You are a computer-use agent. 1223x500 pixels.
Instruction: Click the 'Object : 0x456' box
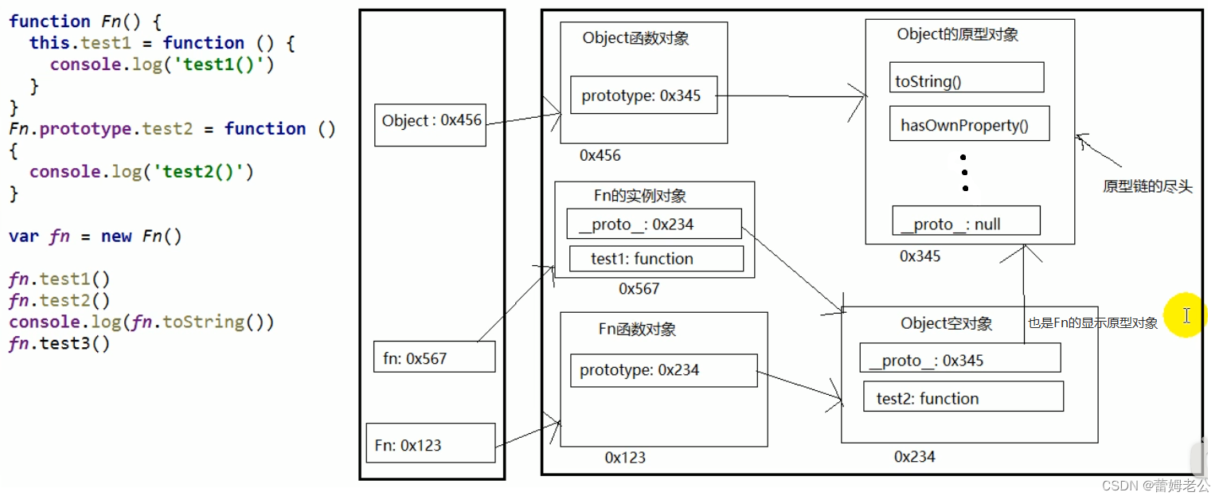pyautogui.click(x=430, y=121)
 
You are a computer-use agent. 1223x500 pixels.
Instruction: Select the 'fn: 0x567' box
pyautogui.click(x=434, y=357)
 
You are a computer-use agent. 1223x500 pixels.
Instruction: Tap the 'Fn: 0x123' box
pyautogui.click(x=430, y=444)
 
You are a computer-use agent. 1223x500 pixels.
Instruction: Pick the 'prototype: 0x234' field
pyautogui.click(x=663, y=370)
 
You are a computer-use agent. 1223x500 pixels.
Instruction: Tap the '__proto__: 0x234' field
pyautogui.click(x=653, y=225)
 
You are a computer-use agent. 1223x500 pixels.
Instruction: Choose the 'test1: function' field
pyautogui.click(x=656, y=259)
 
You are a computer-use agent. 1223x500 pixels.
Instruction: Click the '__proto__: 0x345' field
pyautogui.click(x=959, y=359)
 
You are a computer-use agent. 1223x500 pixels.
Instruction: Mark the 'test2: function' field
pyautogui.click(x=963, y=397)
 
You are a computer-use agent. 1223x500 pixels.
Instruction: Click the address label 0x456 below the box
pyautogui.click(x=600, y=155)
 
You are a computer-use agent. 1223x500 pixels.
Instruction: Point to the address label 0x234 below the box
pyautogui.click(x=914, y=456)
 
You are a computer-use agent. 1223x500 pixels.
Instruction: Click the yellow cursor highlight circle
pyautogui.click(x=1186, y=316)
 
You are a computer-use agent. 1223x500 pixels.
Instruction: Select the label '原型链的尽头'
pyautogui.click(x=1147, y=187)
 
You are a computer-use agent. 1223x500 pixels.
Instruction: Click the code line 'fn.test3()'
pyautogui.click(x=60, y=343)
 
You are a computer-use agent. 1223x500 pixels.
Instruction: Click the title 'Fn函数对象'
pyautogui.click(x=637, y=330)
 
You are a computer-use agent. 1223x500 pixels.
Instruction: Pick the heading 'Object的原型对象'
pyautogui.click(x=957, y=35)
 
